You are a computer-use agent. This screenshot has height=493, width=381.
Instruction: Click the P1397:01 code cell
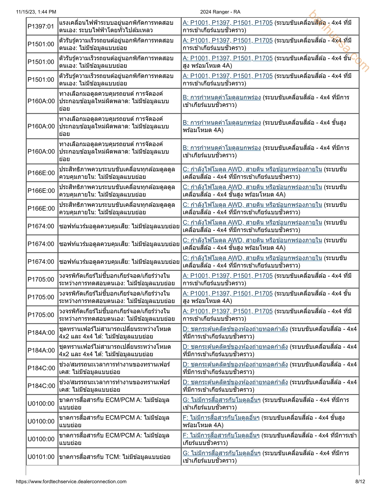pyautogui.click(x=41, y=26)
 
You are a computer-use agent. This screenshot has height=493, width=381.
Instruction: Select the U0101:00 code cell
pyautogui.click(x=41, y=457)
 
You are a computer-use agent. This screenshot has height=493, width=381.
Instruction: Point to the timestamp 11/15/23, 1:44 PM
pyautogui.click(x=36, y=12)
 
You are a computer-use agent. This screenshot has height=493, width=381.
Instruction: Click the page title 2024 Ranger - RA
pyautogui.click(x=220, y=12)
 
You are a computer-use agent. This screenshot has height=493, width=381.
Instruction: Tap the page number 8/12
pyautogui.click(x=360, y=481)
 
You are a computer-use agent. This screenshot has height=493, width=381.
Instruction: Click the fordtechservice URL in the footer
pyautogui.click(x=71, y=481)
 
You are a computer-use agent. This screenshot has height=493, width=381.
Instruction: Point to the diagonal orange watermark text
pyautogui.click(x=339, y=41)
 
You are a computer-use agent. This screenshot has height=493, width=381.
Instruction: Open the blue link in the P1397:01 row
pyautogui.click(x=228, y=23)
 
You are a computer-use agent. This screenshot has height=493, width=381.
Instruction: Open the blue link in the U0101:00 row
pyautogui.click(x=221, y=453)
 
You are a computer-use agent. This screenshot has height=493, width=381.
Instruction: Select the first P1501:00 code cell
pyautogui.click(x=41, y=44)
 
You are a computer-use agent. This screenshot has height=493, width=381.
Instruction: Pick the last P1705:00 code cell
pyautogui.click(x=41, y=315)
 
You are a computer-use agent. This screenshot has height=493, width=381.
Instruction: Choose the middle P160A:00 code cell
pyautogui.click(x=41, y=126)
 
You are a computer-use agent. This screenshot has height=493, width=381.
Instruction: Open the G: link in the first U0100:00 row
pyautogui.click(x=221, y=400)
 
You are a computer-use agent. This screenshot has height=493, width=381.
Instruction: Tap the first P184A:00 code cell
pyautogui.click(x=41, y=333)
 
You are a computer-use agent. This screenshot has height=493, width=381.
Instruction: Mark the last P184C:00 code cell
pyautogui.click(x=41, y=386)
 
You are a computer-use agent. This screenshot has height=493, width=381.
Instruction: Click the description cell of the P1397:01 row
pyautogui.click(x=119, y=26)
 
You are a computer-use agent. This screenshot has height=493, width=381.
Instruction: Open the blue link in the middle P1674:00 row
pyautogui.click(x=252, y=240)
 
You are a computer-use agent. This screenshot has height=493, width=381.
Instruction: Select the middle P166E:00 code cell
pyautogui.click(x=41, y=191)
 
